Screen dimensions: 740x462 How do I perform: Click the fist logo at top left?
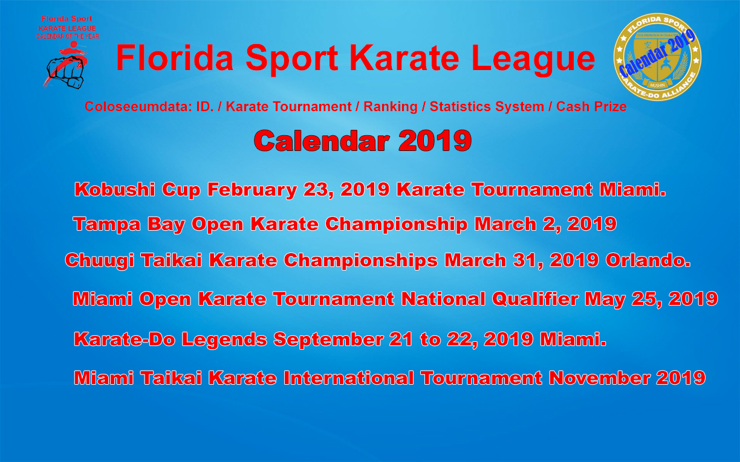(x=66, y=65)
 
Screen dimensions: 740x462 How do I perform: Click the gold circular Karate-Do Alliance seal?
(x=657, y=57)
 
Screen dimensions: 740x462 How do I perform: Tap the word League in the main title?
(x=533, y=59)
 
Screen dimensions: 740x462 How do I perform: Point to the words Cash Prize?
(x=591, y=106)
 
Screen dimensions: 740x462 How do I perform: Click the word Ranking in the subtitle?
(x=391, y=107)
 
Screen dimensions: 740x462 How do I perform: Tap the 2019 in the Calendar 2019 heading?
(x=435, y=141)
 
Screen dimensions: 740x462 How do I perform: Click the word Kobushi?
(x=115, y=190)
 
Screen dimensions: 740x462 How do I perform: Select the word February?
(x=252, y=190)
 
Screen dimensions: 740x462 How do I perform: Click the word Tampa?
(x=107, y=225)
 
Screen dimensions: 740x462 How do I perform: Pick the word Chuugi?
(x=99, y=261)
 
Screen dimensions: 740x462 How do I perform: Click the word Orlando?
(x=648, y=260)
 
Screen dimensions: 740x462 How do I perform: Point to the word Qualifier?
(x=535, y=299)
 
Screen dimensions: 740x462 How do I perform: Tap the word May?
(x=605, y=300)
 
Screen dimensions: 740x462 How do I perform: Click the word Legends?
(x=224, y=340)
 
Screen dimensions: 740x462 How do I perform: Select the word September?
(x=328, y=340)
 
